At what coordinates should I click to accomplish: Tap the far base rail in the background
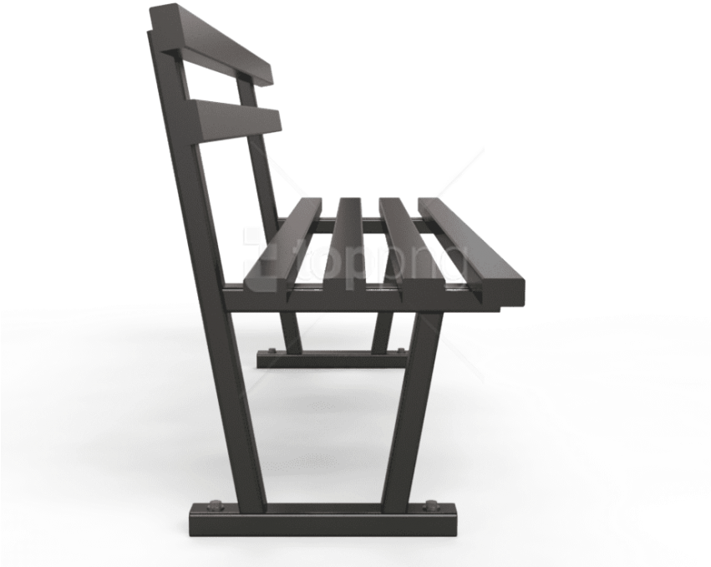click(x=334, y=358)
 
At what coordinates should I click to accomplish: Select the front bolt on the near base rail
click(x=432, y=504)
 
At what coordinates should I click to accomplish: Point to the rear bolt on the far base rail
click(x=271, y=351)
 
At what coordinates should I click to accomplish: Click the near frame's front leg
click(x=409, y=410)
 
